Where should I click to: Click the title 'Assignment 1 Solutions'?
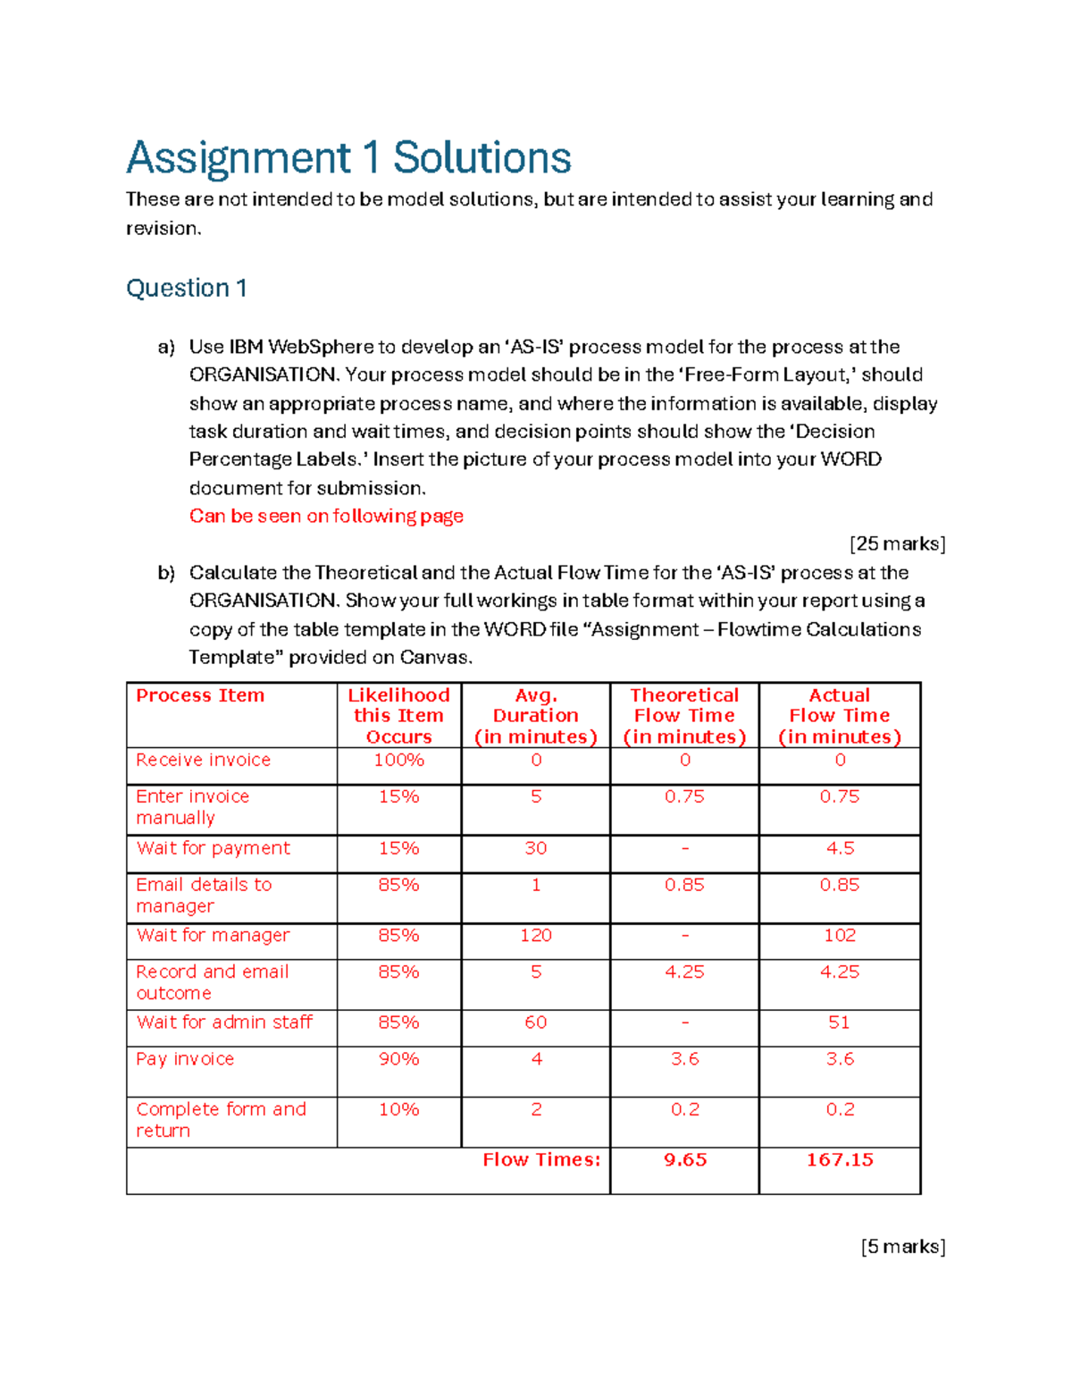click(x=348, y=158)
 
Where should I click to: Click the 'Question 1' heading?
click(x=187, y=288)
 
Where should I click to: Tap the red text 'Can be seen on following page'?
click(x=326, y=516)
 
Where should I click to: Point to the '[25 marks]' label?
click(x=897, y=543)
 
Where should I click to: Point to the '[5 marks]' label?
click(x=903, y=1246)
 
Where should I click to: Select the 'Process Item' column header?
click(x=200, y=695)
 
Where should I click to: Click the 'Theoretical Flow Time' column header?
click(x=684, y=715)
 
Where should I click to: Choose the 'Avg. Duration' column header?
click(x=535, y=715)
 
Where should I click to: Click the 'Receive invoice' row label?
click(x=203, y=760)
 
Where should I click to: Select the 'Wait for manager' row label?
click(x=213, y=935)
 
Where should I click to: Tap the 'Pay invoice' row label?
click(x=185, y=1058)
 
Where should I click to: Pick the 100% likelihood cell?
click(x=398, y=760)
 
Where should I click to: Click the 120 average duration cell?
click(x=535, y=935)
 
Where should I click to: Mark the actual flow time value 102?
click(x=840, y=935)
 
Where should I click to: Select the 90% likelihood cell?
click(x=398, y=1058)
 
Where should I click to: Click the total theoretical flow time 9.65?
click(x=685, y=1159)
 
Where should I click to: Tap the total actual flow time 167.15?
click(x=840, y=1159)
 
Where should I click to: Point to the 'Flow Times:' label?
click(x=541, y=1159)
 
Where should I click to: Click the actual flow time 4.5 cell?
click(x=840, y=848)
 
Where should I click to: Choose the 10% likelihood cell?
click(x=398, y=1109)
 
